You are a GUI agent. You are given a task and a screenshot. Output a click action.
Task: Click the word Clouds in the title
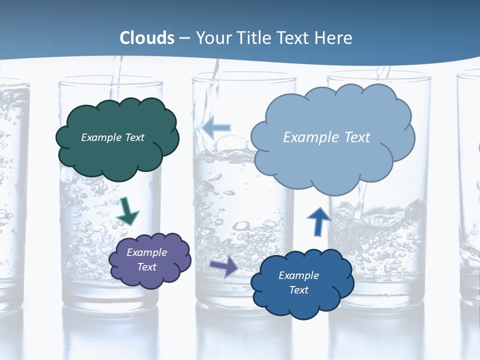pos(147,38)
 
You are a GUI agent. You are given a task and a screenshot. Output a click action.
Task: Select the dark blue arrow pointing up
pos(318,221)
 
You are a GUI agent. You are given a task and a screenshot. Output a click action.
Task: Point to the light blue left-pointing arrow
pos(216,127)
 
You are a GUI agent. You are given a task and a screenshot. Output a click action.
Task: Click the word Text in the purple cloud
pos(147,267)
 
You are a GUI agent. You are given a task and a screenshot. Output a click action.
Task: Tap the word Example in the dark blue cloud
pos(298,275)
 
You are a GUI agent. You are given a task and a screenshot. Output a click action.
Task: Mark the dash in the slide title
pos(184,38)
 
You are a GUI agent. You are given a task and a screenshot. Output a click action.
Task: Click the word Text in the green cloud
pos(135,137)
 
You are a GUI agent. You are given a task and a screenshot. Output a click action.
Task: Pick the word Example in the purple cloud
pos(146,252)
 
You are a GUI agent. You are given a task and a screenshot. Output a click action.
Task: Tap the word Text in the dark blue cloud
pos(298,290)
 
